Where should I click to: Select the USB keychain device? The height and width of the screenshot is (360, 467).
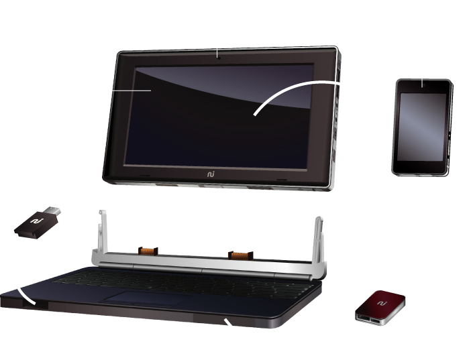39,222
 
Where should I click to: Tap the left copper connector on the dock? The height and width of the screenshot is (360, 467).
149,252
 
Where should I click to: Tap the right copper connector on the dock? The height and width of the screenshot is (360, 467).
240,255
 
